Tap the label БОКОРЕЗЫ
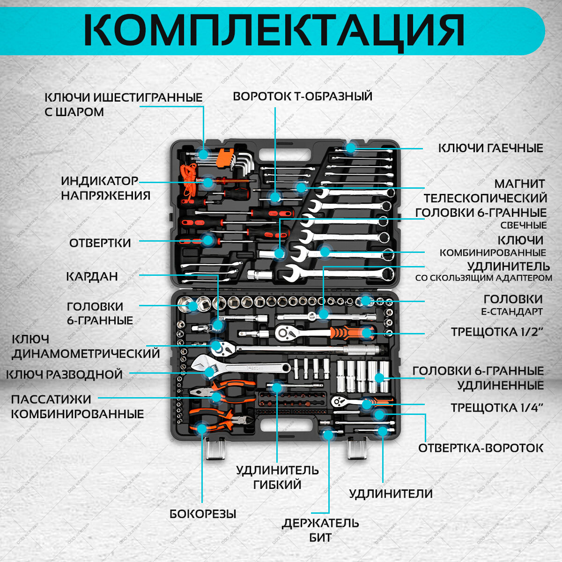(203, 514)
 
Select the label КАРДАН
(92, 276)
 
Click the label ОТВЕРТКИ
(100, 243)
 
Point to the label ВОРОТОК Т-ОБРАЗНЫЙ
(303, 96)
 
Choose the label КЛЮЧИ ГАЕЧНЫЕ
(490, 148)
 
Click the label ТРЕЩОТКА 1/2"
(497, 332)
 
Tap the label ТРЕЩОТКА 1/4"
(497, 407)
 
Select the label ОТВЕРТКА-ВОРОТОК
(481, 448)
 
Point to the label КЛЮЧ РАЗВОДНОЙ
(64, 375)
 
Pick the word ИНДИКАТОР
(100, 181)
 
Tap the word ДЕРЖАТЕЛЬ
(320, 523)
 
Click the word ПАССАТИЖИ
(51, 399)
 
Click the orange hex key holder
(224, 158)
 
